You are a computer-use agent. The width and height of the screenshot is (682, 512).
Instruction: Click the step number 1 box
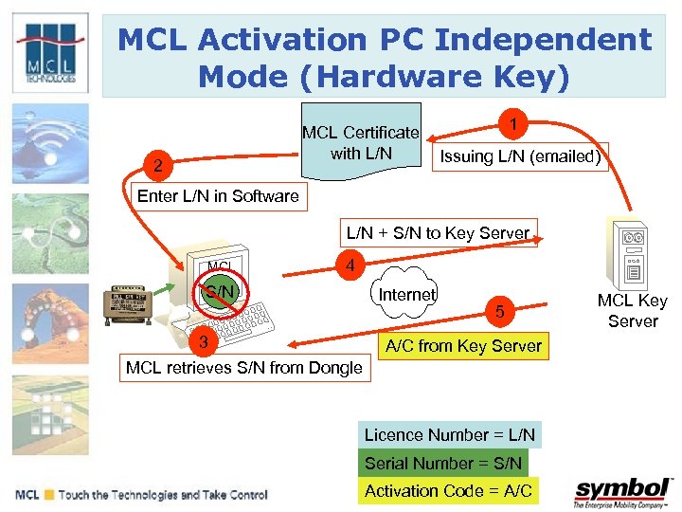point(512,125)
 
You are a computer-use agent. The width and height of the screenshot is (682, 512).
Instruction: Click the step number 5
point(502,312)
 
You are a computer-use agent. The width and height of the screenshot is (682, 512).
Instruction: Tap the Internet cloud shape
point(406,295)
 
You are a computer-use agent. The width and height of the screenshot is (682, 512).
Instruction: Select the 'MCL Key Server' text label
point(632,311)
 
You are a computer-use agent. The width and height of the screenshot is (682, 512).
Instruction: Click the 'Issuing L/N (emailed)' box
point(519,156)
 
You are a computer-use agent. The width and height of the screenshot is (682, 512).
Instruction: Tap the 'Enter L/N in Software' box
point(218,196)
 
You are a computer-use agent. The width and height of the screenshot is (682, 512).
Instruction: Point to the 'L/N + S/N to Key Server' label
point(438,232)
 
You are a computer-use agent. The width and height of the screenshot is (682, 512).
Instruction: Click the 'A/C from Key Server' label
point(463,346)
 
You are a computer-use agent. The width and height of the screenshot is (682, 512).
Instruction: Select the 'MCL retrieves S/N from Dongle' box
point(244,368)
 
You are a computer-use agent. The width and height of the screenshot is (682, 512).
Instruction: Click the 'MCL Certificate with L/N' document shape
point(360,143)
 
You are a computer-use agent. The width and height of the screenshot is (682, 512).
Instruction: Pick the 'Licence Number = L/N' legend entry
point(450,435)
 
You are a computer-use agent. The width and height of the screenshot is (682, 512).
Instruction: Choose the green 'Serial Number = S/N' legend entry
point(443,463)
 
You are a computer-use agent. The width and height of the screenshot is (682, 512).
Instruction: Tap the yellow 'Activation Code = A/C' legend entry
point(449,490)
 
